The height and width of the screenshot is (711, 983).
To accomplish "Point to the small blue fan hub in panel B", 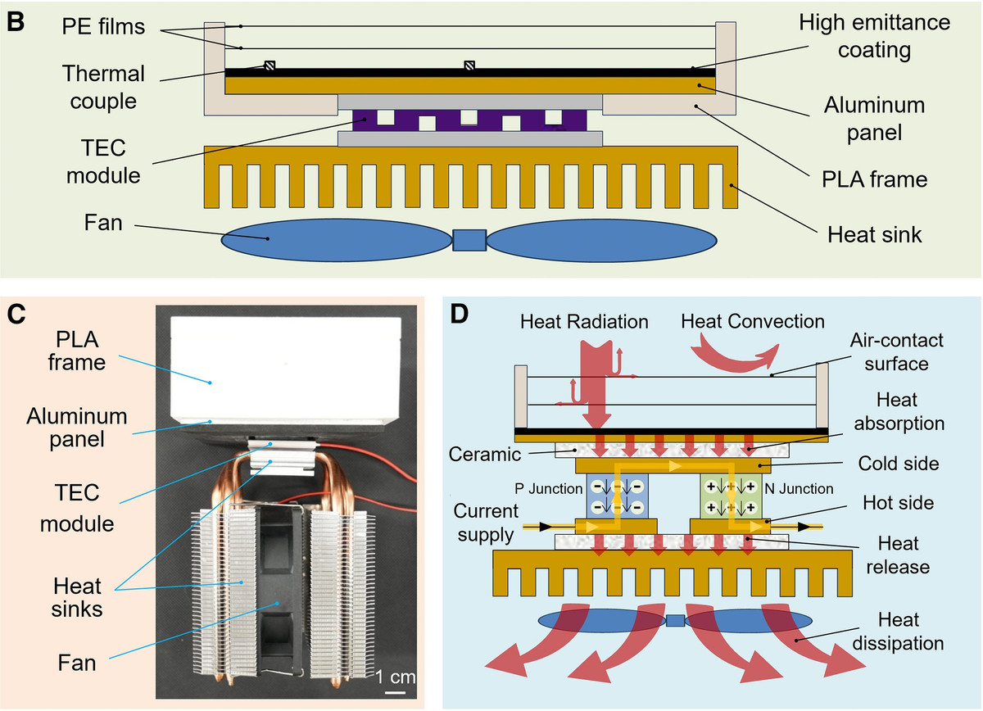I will click(469, 240).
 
